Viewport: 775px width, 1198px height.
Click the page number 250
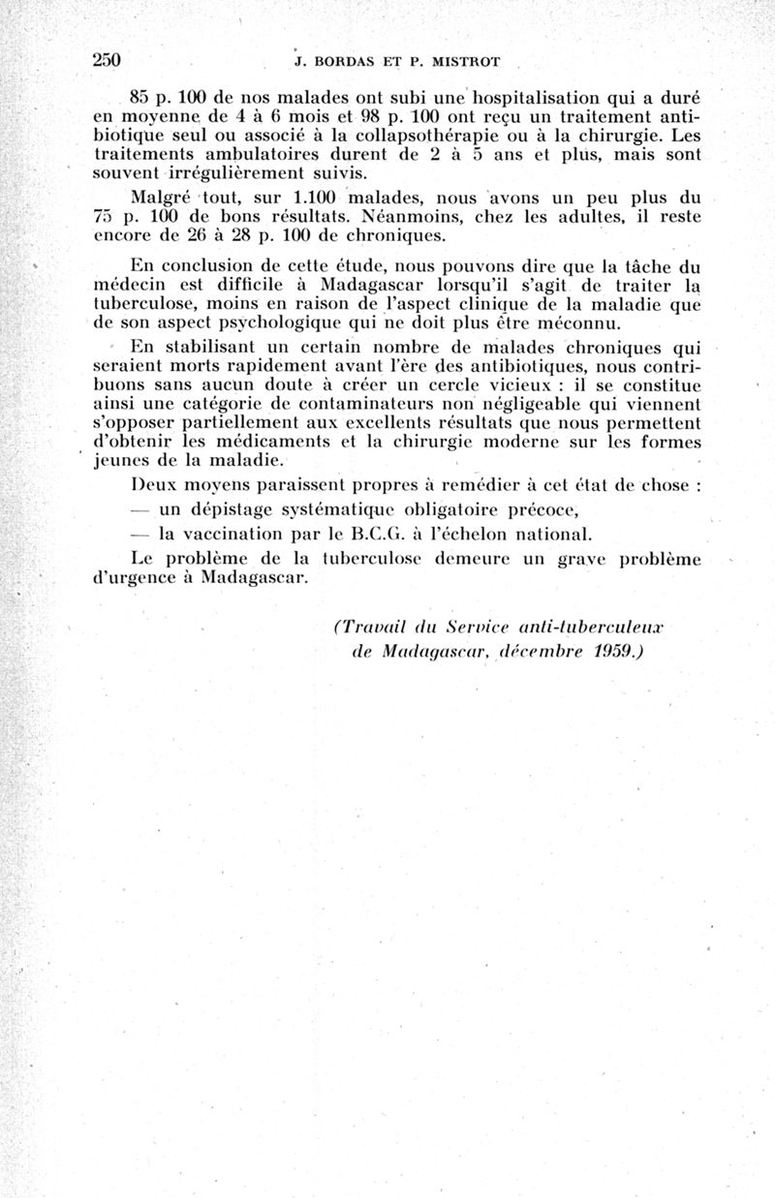tap(106, 60)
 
